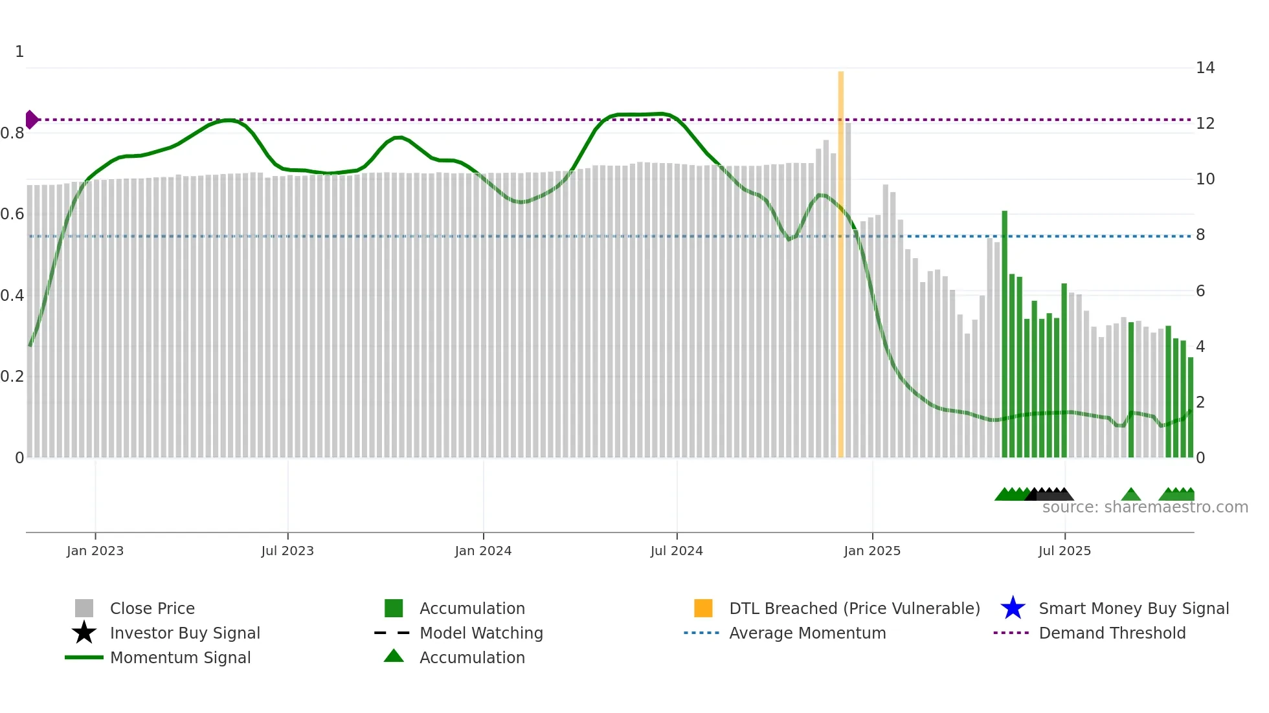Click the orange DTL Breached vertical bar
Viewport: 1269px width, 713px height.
840,265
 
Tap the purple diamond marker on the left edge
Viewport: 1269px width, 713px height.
31,120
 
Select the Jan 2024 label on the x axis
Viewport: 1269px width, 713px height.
483,551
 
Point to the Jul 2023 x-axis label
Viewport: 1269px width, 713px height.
287,551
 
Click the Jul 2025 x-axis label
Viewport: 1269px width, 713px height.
1064,551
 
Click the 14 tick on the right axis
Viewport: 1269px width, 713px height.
1205,68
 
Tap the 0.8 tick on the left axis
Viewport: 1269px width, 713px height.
12,133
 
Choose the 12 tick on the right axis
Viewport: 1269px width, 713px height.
1205,124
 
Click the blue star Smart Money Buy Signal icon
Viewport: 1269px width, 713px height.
1013,608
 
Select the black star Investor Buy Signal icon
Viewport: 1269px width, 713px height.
84,633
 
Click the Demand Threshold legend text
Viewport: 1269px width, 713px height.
1112,633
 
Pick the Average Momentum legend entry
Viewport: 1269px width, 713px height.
807,633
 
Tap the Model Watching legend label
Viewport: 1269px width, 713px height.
481,633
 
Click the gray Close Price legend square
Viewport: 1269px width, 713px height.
84,608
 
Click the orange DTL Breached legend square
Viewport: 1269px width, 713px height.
703,608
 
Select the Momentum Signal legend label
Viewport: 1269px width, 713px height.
180,657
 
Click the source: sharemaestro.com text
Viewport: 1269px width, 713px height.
1145,507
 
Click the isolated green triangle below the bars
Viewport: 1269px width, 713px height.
1130,495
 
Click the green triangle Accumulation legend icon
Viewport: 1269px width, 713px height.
394,656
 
